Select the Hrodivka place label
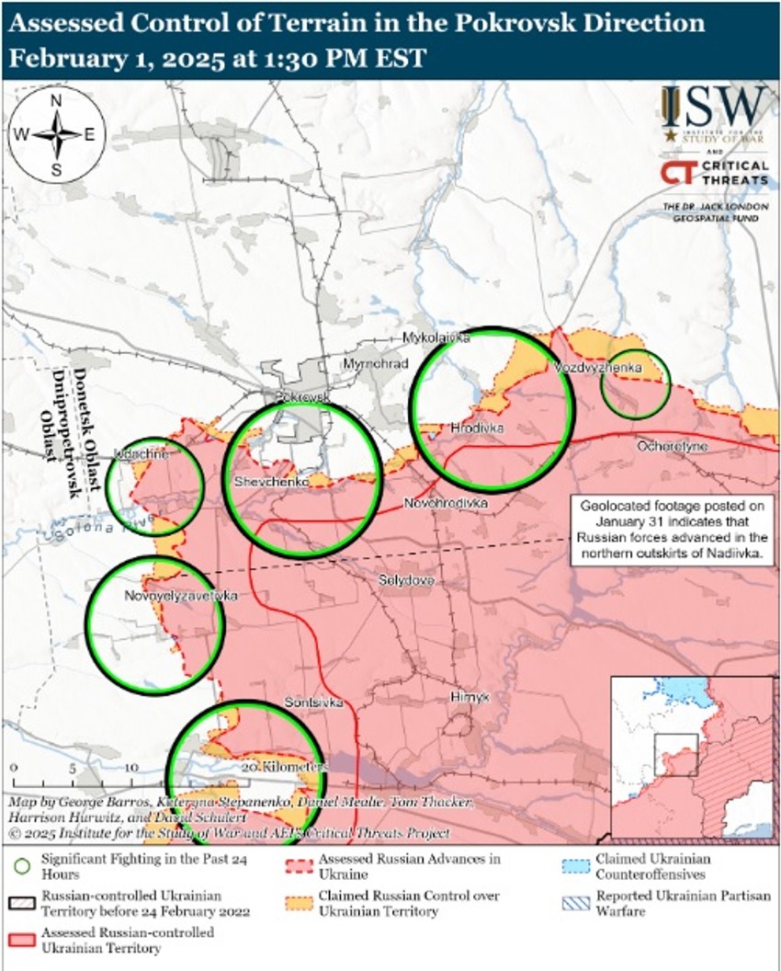pos(477,428)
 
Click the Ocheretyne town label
pos(673,446)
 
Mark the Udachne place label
pos(141,454)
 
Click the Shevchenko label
pos(270,482)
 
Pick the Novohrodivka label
pos(447,504)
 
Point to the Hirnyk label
pos(470,698)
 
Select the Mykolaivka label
pos(436,338)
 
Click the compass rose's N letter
pos(56,101)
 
